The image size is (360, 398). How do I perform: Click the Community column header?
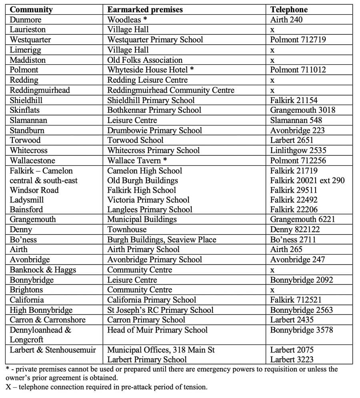point(31,10)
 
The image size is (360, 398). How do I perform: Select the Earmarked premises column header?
point(145,10)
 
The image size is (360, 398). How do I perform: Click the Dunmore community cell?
point(26,20)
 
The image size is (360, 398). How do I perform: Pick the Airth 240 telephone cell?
point(286,20)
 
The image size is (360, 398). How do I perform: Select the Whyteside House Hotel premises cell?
point(150,70)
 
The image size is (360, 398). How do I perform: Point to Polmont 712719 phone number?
point(298,40)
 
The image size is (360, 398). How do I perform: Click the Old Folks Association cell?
point(145,60)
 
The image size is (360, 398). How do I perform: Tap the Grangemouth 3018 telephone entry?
point(303,110)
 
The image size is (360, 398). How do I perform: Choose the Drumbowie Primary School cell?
point(154,130)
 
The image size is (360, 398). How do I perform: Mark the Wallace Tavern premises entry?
point(137,161)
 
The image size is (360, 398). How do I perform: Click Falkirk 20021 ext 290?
point(307,180)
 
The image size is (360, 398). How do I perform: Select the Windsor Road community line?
point(34,190)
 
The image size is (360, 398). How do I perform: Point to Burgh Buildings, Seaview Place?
point(162,240)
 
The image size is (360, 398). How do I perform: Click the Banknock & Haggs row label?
point(43,270)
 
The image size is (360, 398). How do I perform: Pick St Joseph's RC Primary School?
point(160,310)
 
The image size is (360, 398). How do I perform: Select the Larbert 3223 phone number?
point(292,360)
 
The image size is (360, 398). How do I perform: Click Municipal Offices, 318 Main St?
point(161,350)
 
